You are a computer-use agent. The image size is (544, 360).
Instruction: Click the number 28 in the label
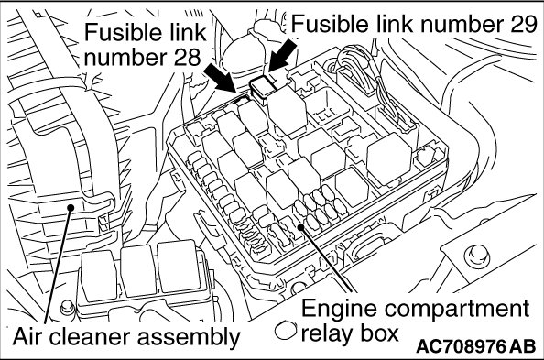[x=187, y=57]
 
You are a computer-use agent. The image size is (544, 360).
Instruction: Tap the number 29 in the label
[x=523, y=25]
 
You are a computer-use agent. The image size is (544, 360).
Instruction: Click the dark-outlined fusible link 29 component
[x=263, y=89]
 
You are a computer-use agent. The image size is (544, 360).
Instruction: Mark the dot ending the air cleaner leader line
[x=71, y=207]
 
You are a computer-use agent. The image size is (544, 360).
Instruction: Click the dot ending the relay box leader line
[x=300, y=227]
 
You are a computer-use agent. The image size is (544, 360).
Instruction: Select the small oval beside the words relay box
[x=286, y=330]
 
